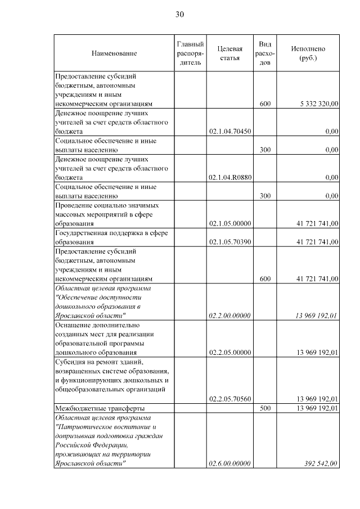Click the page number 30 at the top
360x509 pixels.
tap(179, 14)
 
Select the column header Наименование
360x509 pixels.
tap(114, 53)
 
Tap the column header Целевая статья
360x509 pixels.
tap(229, 53)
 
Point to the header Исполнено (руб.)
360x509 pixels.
tap(308, 53)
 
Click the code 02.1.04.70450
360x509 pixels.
tap(229, 131)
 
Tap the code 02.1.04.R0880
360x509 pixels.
tap(229, 177)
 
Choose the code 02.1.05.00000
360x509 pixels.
tap(229, 223)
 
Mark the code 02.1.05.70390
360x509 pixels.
tap(229, 242)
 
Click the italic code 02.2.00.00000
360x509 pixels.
tap(229, 316)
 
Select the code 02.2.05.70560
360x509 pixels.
tap(229, 399)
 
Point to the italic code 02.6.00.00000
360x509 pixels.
tap(229, 463)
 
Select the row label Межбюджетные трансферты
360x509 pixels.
tap(98, 408)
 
